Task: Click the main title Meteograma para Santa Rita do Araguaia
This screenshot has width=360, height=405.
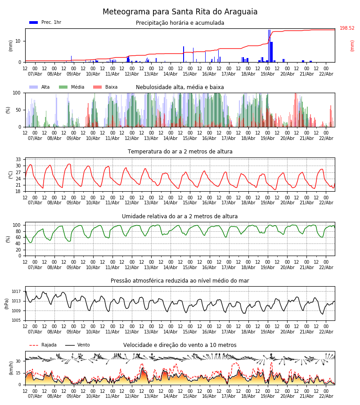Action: (180, 12)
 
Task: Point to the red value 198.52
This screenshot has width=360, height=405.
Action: (347, 28)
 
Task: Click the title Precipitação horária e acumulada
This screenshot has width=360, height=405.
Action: (180, 23)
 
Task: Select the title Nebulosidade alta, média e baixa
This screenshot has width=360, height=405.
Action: (180, 87)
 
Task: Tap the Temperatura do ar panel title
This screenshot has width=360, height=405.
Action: (180, 152)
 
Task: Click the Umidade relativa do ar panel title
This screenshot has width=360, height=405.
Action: (180, 216)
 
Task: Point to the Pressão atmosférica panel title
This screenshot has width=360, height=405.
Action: (180, 281)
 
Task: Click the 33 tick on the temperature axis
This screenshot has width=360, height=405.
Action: (18, 160)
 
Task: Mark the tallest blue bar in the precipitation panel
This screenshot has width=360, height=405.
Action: (269, 45)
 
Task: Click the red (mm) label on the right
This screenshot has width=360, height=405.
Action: (352, 45)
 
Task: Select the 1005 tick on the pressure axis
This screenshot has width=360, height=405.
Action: (16, 320)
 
